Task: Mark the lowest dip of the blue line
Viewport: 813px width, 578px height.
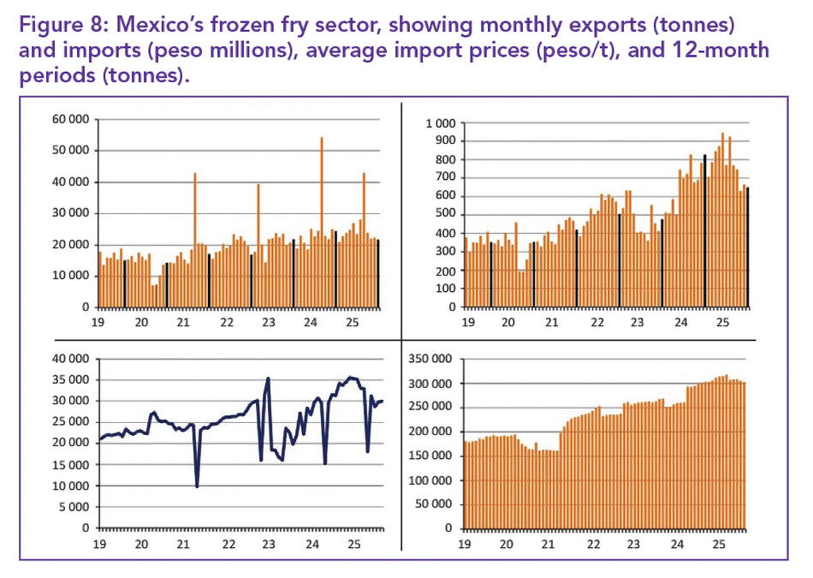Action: pos(198,486)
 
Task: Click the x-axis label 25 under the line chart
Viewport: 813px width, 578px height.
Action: pos(353,544)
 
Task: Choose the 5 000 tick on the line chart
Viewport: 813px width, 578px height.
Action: pos(74,506)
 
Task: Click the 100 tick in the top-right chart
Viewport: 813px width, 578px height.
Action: pos(446,288)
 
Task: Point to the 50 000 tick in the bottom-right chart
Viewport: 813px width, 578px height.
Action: pos(436,504)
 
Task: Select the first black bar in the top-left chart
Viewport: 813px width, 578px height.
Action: pos(124,283)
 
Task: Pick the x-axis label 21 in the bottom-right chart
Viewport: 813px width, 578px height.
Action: pos(552,544)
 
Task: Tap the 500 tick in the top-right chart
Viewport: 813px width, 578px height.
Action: pos(446,214)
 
